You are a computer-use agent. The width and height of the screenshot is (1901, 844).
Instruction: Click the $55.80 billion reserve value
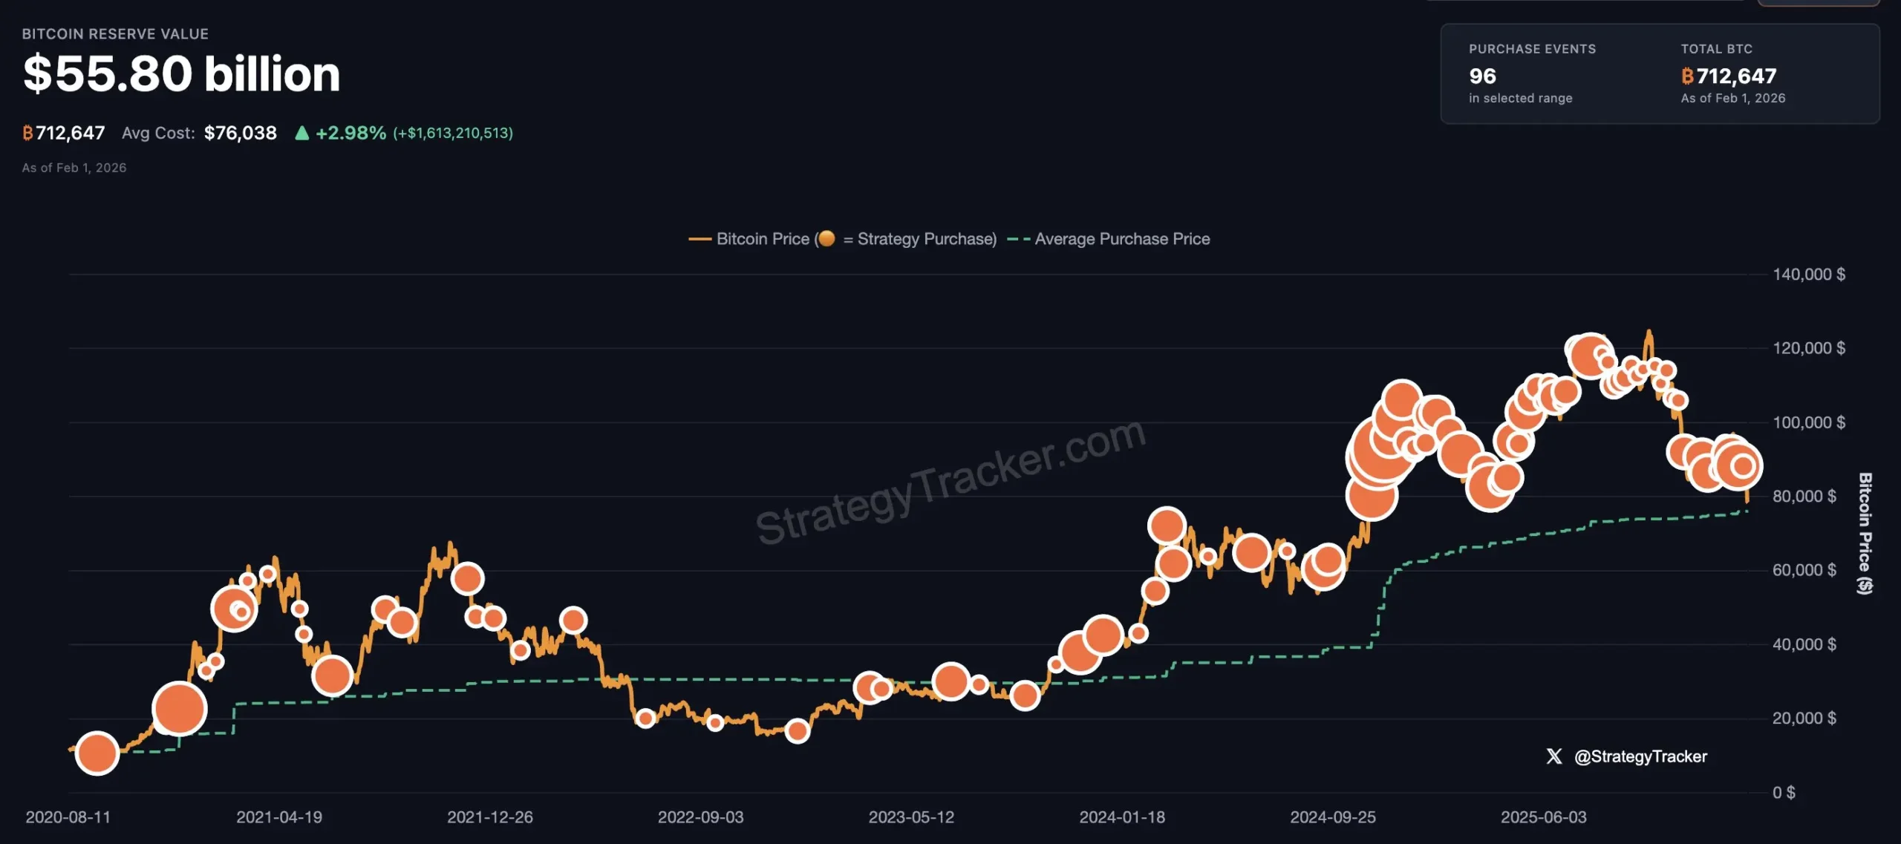pyautogui.click(x=181, y=74)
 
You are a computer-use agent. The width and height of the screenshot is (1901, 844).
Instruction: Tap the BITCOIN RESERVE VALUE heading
pyautogui.click(x=115, y=34)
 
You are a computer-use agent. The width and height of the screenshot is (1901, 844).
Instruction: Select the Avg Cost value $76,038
pyautogui.click(x=240, y=133)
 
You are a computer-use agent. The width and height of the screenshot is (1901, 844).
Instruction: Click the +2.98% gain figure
pyautogui.click(x=350, y=133)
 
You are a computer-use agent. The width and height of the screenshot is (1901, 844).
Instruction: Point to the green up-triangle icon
pyautogui.click(x=301, y=133)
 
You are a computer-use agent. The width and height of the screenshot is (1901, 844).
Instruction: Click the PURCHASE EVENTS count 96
pyautogui.click(x=1482, y=76)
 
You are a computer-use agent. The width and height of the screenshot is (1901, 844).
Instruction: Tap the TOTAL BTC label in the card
pyautogui.click(x=1716, y=49)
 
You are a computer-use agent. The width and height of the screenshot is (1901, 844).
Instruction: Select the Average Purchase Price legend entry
pyautogui.click(x=1121, y=239)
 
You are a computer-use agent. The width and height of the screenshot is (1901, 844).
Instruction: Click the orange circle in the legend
pyautogui.click(x=826, y=238)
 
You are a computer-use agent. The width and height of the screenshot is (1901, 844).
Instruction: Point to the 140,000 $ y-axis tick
pyautogui.click(x=1808, y=275)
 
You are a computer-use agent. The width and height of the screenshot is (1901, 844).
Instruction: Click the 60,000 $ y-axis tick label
pyautogui.click(x=1804, y=570)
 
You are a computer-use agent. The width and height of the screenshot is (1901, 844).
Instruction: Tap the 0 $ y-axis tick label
pyautogui.click(x=1784, y=793)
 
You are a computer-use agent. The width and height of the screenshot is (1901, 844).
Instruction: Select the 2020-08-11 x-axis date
pyautogui.click(x=68, y=817)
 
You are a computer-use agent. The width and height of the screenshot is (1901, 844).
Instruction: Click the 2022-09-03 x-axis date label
pyautogui.click(x=700, y=817)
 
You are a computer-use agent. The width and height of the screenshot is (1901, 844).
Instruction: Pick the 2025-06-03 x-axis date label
pyautogui.click(x=1543, y=817)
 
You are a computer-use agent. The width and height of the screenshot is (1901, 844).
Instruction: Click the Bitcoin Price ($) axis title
pyautogui.click(x=1865, y=533)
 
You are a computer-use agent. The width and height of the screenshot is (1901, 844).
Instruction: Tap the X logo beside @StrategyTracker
pyautogui.click(x=1554, y=756)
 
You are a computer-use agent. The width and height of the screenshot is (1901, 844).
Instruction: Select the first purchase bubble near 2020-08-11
pyautogui.click(x=97, y=753)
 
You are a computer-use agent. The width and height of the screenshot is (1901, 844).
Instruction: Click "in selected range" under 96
pyautogui.click(x=1520, y=98)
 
